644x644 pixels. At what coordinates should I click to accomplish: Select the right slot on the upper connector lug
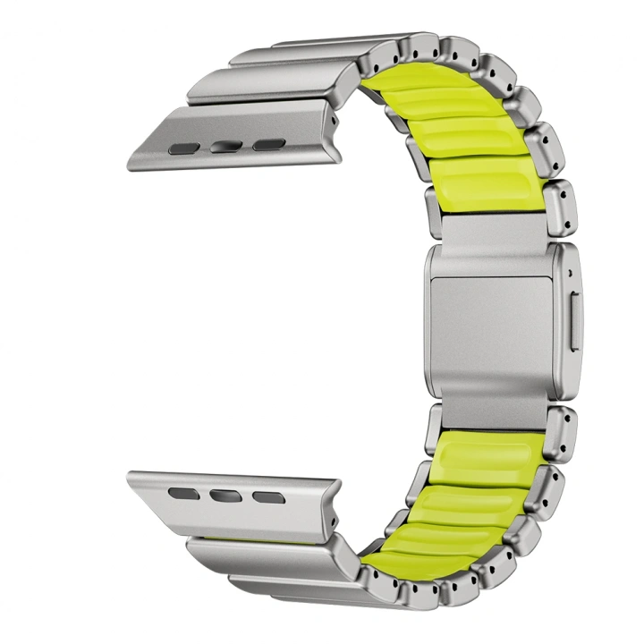click(267, 144)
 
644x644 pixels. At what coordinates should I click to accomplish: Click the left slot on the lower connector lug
click(184, 491)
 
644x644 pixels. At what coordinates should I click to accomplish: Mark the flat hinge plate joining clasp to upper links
click(487, 230)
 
